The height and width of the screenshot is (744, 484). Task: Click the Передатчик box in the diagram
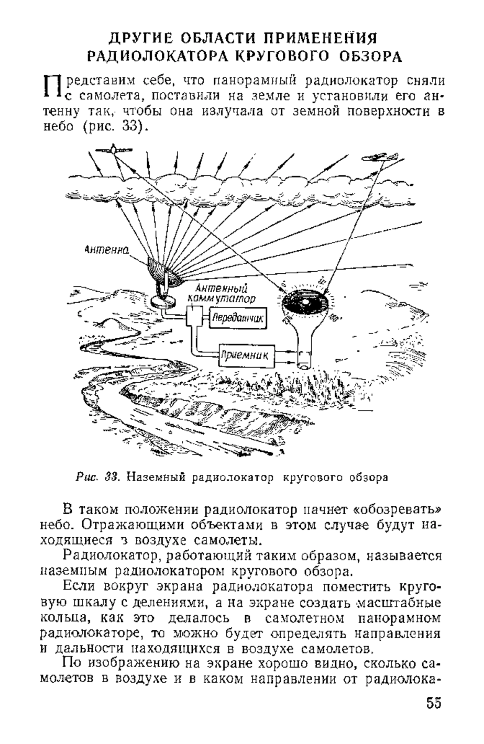(238, 318)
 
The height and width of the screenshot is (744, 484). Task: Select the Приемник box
(246, 356)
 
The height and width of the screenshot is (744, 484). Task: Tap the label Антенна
(106, 250)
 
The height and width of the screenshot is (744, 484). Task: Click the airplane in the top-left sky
(114, 150)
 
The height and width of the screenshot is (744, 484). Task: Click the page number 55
(433, 713)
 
